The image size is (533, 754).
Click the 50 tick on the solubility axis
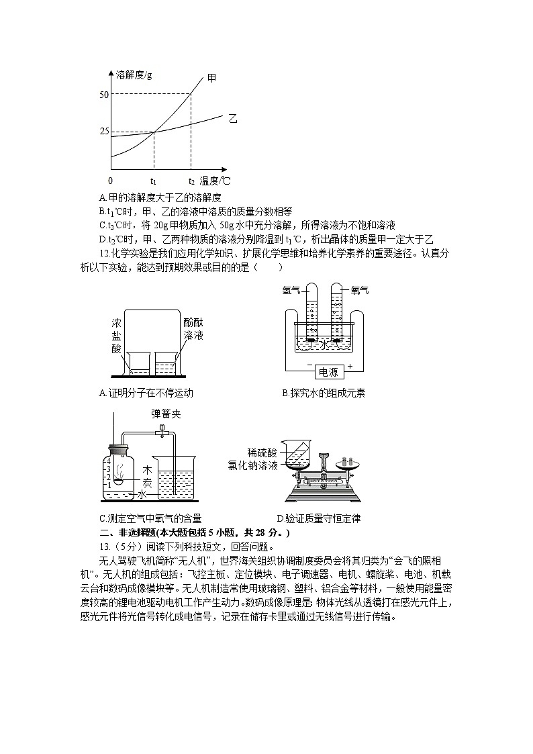(103, 95)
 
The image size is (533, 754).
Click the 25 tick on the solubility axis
(103, 131)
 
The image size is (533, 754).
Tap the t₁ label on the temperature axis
(154, 181)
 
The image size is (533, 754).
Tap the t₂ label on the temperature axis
(191, 181)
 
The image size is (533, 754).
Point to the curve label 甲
(211, 78)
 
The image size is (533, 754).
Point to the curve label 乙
(233, 118)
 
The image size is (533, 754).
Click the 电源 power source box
(328, 372)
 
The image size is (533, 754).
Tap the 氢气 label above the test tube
(291, 290)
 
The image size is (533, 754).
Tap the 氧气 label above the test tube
(360, 290)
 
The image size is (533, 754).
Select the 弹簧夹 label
(166, 414)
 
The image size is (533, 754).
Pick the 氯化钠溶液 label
(253, 465)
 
